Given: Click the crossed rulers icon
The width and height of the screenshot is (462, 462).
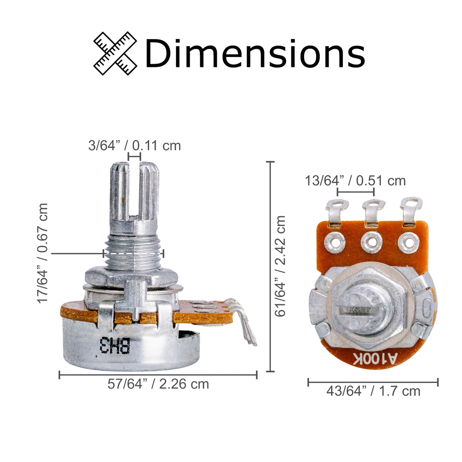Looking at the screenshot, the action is [x=115, y=53].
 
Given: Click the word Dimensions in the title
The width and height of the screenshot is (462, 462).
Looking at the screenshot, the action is [x=255, y=53].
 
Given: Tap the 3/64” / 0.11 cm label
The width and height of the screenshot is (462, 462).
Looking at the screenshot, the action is [x=134, y=145].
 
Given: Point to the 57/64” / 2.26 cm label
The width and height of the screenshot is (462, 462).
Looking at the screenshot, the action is [x=158, y=384].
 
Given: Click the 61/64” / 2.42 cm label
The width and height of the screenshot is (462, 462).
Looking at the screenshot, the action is [x=280, y=266].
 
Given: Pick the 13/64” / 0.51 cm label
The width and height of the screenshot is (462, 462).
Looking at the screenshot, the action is [x=355, y=180].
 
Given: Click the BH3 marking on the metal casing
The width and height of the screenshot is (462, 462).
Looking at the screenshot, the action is [x=115, y=345].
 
